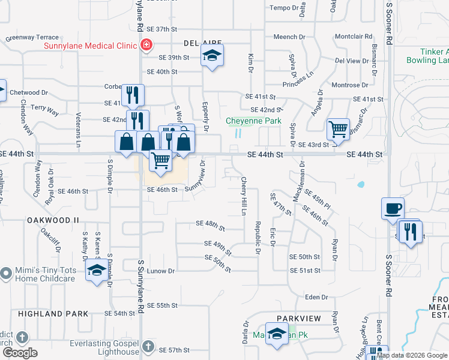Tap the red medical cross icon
click(146, 44)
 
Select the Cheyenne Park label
click(254, 121)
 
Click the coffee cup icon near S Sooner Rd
click(393, 208)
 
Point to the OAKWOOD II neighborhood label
click(53, 220)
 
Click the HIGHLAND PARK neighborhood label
click(53, 314)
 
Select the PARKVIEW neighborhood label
click(299, 318)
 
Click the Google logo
click(20, 353)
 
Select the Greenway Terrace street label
click(32, 37)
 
